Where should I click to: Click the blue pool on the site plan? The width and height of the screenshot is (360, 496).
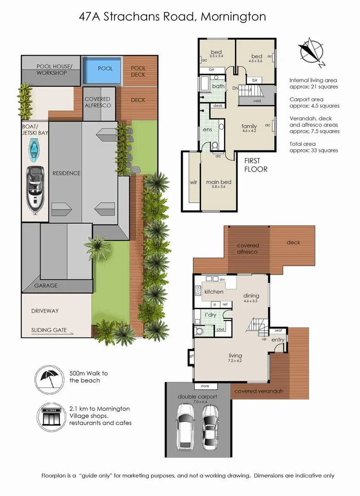click(105, 68)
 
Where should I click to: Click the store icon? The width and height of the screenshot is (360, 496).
click(48, 416)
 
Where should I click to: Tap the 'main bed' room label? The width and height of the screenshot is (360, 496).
click(219, 182)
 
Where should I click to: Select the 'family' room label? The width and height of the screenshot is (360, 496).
click(249, 126)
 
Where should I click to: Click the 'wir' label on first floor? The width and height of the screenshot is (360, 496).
click(193, 182)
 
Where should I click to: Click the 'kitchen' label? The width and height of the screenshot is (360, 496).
click(214, 292)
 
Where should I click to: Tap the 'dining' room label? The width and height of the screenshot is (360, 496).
click(251, 296)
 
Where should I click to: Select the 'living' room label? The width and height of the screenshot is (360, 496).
click(236, 355)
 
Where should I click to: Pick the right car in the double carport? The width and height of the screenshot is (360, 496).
click(210, 425)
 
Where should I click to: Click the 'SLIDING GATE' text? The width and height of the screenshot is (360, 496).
click(49, 330)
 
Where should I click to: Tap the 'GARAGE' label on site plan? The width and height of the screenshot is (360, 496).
click(46, 286)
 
